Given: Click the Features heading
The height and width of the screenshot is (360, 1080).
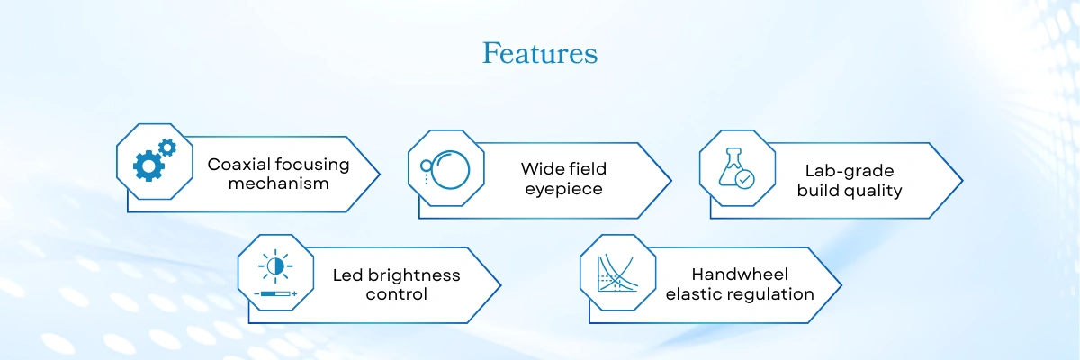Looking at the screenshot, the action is tap(540, 53).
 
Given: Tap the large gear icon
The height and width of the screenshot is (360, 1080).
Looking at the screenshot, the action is tap(148, 166).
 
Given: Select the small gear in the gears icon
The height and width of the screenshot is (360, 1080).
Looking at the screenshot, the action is tap(167, 148).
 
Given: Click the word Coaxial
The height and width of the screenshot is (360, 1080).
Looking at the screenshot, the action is tap(231, 165).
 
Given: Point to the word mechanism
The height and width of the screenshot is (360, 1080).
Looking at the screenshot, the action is tap(279, 184).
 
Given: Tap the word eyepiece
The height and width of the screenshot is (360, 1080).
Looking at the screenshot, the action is tap(563, 189).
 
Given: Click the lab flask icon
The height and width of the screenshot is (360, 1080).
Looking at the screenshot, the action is tap(732, 166).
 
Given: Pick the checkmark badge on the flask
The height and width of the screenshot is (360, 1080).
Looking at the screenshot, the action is tap(745, 180).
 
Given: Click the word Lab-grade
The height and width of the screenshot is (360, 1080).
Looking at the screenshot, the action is tap(850, 171).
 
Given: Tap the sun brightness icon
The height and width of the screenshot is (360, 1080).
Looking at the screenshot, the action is tap(274, 265).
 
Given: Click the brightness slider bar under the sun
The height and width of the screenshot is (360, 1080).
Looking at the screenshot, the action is tap(275, 293).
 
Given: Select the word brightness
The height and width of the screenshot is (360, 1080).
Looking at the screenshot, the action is tap(414, 275).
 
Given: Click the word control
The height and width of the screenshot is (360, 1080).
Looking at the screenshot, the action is tap(396, 294).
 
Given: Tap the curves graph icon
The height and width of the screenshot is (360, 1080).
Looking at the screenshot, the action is tap(617, 273).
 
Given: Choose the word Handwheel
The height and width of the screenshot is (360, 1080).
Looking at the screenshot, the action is tap(740, 274).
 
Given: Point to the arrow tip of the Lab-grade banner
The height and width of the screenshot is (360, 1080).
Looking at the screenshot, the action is tap(962, 181).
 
